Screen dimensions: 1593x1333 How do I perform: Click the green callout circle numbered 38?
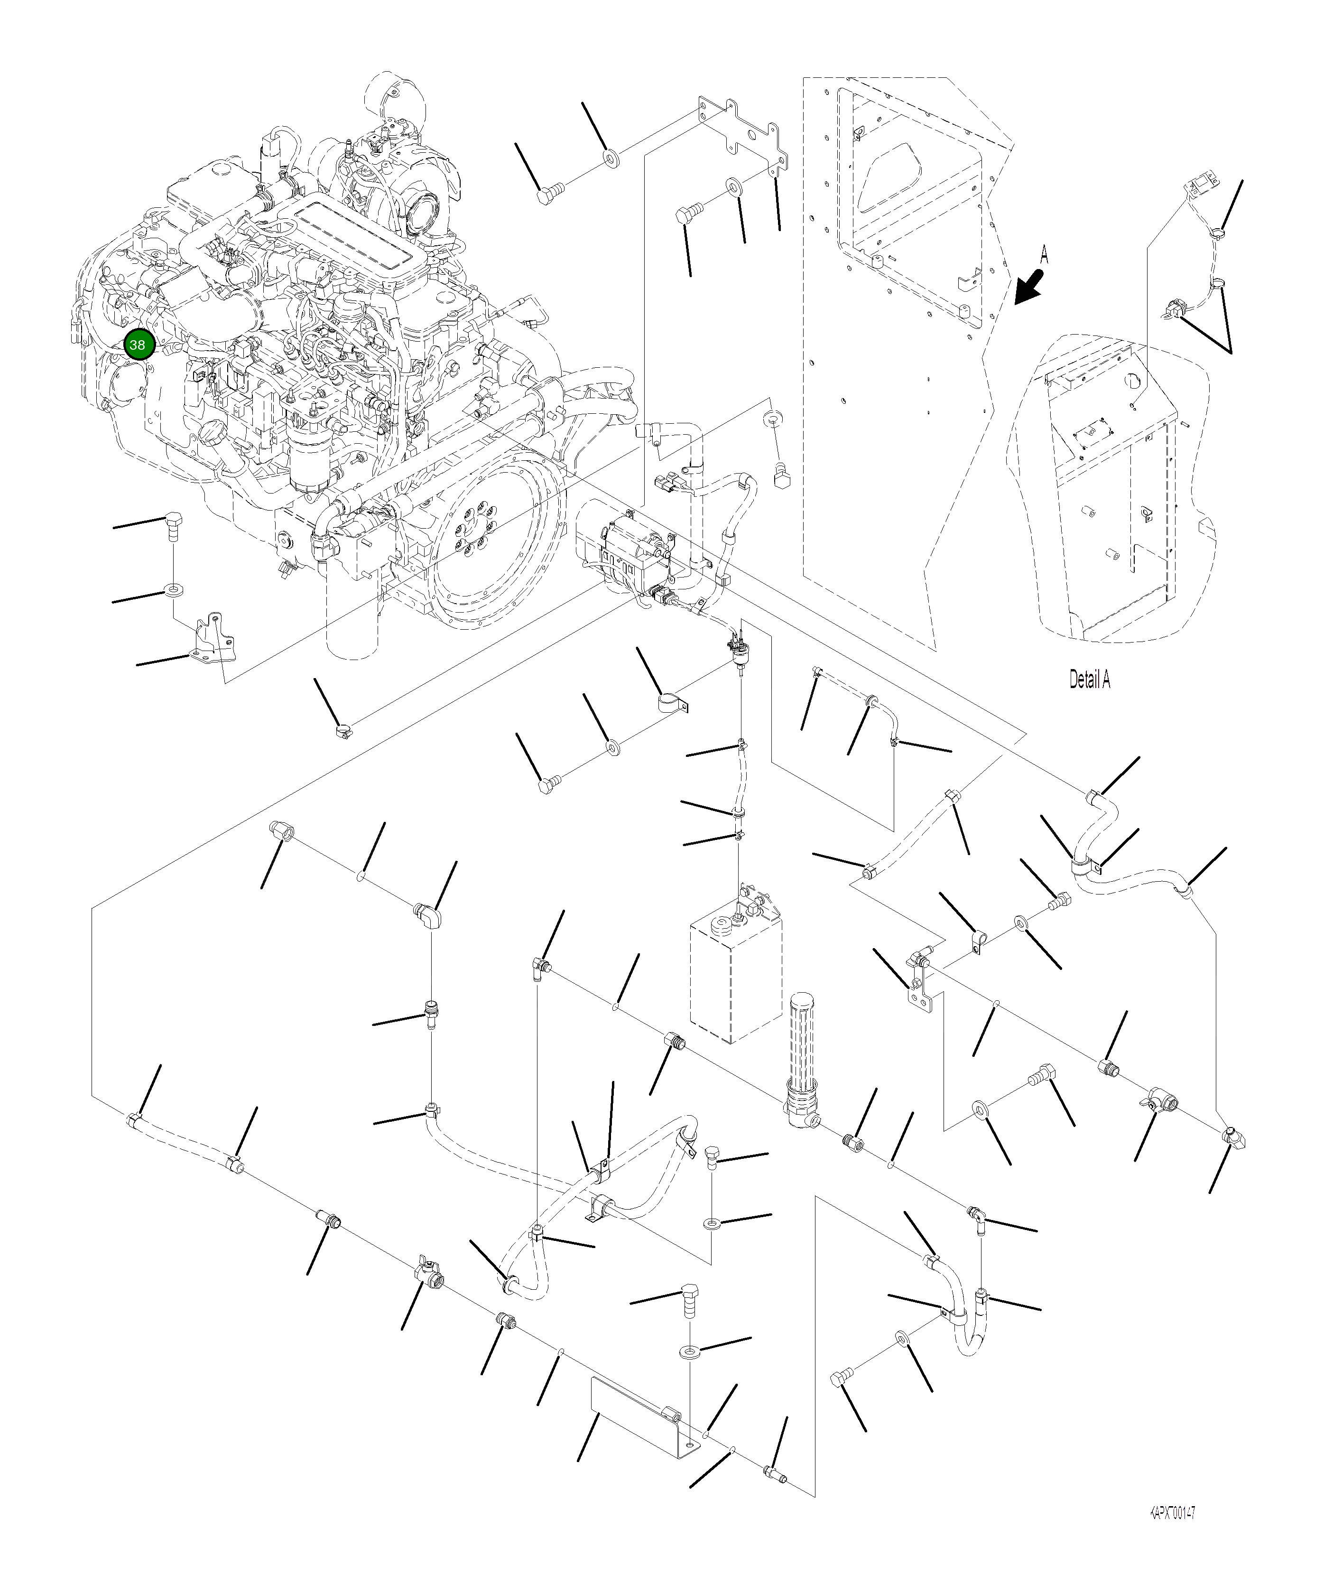pyautogui.click(x=137, y=345)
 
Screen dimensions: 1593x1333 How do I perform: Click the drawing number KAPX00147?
pyautogui.click(x=1172, y=1513)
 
